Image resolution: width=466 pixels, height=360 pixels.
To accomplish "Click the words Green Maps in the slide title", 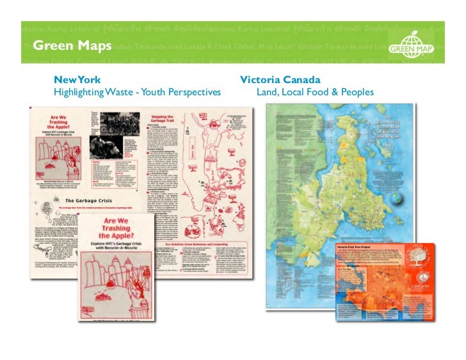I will tap(72, 45).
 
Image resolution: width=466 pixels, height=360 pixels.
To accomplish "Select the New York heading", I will tap(77, 81).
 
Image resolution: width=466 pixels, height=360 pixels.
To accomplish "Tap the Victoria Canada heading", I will tap(280, 81).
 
